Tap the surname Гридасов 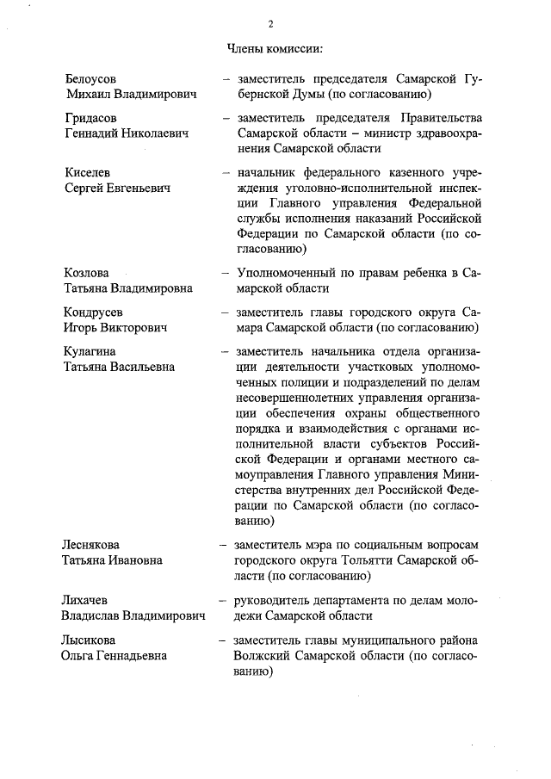91,117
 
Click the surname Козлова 86,273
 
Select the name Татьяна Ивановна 110,560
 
